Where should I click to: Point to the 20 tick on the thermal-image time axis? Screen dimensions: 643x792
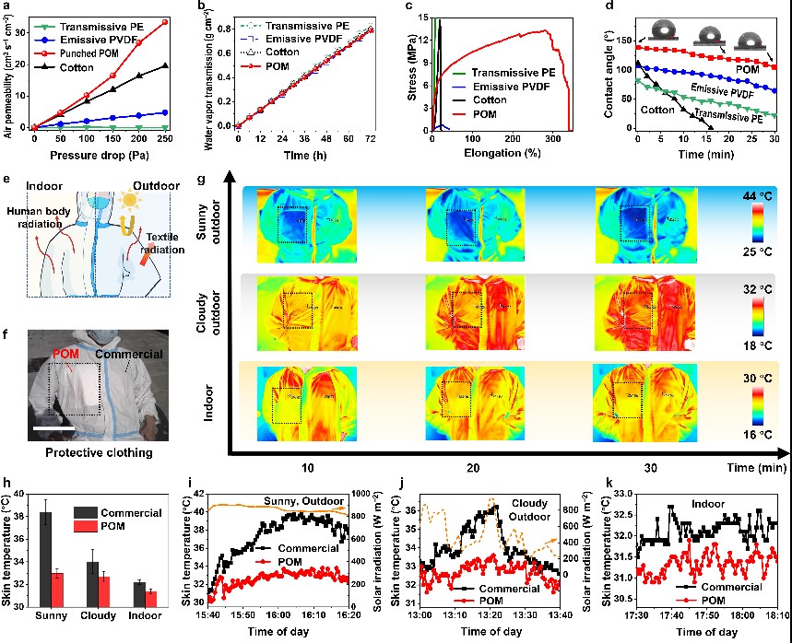point(473,468)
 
